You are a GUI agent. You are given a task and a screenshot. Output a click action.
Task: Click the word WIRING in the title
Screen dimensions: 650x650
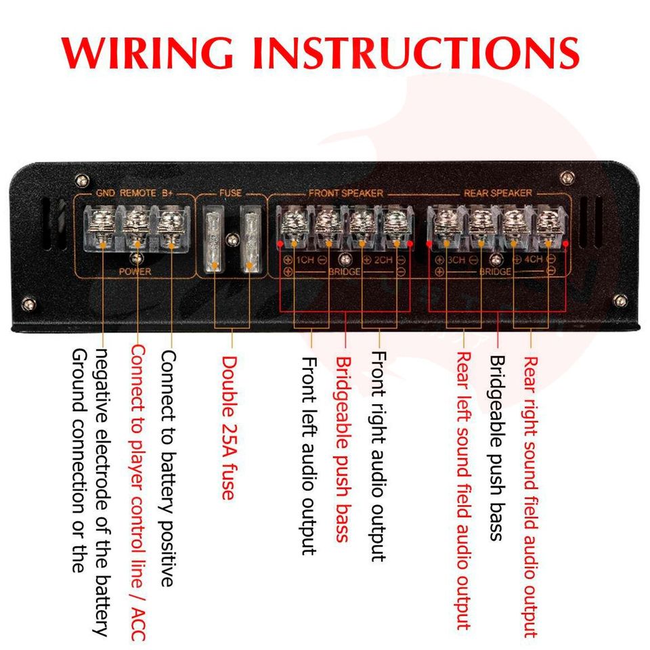147,53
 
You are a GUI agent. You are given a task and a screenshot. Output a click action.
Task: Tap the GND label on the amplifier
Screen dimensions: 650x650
106,193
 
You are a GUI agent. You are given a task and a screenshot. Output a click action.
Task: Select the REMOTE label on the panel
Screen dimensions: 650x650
138,193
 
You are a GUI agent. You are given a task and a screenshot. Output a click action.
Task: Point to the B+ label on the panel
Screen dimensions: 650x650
167,193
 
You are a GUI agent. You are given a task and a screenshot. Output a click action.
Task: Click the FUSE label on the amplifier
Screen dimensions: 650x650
230,193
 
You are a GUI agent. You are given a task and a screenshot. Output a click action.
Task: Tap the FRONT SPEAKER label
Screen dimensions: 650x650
346,193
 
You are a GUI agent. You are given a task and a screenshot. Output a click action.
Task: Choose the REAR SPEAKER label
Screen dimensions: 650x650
498,193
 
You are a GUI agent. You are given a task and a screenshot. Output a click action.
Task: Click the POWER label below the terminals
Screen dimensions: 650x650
135,272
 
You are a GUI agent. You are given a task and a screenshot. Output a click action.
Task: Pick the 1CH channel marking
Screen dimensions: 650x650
305,260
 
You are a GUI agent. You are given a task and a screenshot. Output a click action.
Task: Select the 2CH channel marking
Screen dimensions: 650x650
383,260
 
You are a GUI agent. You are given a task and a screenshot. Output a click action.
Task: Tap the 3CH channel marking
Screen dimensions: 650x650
456,260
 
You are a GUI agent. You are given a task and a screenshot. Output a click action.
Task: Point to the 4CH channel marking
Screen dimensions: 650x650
533,259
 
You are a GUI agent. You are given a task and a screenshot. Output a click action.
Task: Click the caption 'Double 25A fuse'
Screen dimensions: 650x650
229,428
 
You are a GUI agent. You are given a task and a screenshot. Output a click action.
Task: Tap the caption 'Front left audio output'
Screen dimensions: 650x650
309,456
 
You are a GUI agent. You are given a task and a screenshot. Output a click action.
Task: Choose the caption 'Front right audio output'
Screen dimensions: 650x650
378,456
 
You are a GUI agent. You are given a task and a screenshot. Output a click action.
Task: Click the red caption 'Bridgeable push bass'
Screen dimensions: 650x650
343,450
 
